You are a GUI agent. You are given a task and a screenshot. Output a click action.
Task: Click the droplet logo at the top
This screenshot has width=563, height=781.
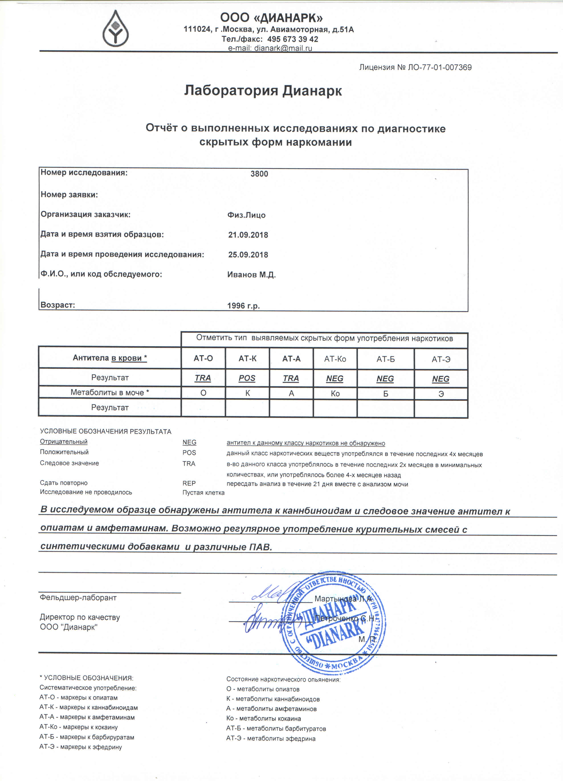pyautogui.click(x=116, y=29)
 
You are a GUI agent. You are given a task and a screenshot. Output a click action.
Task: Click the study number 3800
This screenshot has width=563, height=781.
pyautogui.click(x=259, y=174)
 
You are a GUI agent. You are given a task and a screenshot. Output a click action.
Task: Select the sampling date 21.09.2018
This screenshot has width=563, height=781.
pyautogui.click(x=248, y=235)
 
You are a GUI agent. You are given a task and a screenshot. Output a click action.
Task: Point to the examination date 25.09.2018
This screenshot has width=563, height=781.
pyautogui.click(x=248, y=255)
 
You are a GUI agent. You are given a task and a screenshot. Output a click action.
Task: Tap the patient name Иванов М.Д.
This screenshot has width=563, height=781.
pyautogui.click(x=251, y=275)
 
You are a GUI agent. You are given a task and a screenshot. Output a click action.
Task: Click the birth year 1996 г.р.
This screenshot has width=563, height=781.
pyautogui.click(x=243, y=306)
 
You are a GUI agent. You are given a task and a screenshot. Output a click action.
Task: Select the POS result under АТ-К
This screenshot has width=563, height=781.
pyautogui.click(x=247, y=378)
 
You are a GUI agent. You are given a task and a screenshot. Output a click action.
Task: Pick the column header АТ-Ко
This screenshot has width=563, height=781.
pyautogui.click(x=335, y=359)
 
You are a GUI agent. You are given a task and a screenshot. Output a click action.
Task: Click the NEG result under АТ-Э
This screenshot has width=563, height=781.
pyautogui.click(x=441, y=379)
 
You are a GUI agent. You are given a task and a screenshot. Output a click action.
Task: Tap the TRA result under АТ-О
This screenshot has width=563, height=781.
pyautogui.click(x=203, y=378)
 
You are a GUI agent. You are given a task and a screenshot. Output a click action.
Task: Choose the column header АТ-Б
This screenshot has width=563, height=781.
pyautogui.click(x=386, y=359)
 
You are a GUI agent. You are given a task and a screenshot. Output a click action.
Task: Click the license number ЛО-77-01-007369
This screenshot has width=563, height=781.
pyautogui.click(x=439, y=68)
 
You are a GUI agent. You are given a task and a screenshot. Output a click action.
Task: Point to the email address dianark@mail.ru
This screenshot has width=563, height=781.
pyautogui.click(x=283, y=48)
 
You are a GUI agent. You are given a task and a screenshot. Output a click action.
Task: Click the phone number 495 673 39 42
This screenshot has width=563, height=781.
pyautogui.click(x=292, y=39)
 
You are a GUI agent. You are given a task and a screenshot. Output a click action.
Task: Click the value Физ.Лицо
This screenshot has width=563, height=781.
pyautogui.click(x=246, y=215)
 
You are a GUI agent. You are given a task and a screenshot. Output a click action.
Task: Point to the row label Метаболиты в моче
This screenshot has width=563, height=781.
pyautogui.click(x=109, y=393)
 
